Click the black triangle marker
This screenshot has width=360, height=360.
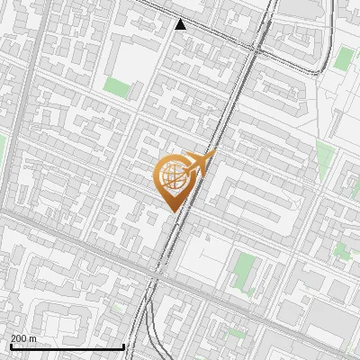(181, 24)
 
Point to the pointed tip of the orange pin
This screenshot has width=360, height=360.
(173, 211)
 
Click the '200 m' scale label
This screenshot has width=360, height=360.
(23, 338)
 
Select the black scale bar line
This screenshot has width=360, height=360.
(67, 347)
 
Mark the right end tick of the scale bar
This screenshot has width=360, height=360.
(123, 346)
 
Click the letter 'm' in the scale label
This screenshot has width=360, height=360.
(32, 338)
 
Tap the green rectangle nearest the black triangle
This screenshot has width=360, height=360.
(117, 87)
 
